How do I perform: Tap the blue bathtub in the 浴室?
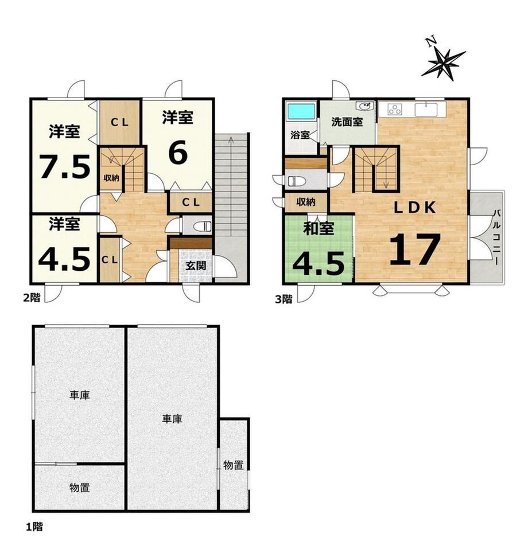[x=301, y=111]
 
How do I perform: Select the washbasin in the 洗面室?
[x=364, y=106]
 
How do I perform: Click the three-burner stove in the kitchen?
[x=395, y=110]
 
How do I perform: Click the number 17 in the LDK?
[x=415, y=249]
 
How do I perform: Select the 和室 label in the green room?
[x=319, y=228]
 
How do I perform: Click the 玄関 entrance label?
[x=196, y=265]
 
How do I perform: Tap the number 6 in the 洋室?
[x=178, y=153]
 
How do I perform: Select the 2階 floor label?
[x=32, y=298]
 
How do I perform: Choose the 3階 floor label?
[x=284, y=299]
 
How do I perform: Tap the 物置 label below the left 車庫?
[x=79, y=488]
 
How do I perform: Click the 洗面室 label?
[x=347, y=122]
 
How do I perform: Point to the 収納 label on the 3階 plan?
[x=305, y=202]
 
